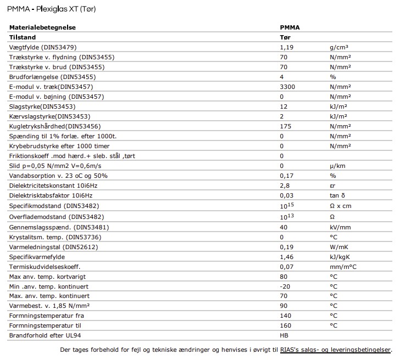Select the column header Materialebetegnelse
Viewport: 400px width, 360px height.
(42, 27)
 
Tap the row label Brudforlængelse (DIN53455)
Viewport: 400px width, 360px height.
(45, 77)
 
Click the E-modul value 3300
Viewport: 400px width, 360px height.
(288, 87)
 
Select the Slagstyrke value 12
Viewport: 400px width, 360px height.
(284, 106)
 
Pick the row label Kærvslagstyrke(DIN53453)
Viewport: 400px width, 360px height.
(49, 116)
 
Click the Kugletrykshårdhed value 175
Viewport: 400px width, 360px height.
(286, 126)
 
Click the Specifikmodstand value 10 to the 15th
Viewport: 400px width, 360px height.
(286, 205)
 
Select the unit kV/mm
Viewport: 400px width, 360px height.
(340, 227)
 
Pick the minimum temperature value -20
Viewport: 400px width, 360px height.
(285, 286)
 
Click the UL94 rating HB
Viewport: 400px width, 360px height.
(284, 335)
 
